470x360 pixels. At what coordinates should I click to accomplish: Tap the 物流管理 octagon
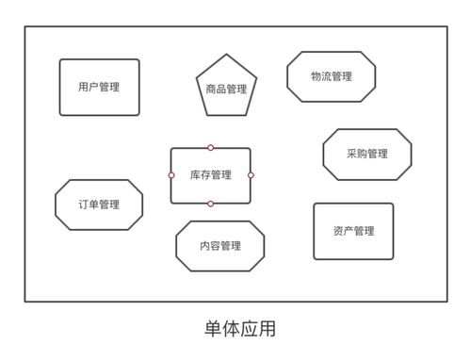click(331, 76)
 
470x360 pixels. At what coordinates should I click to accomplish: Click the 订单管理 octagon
click(99, 205)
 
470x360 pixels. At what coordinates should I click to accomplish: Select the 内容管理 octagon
click(219, 246)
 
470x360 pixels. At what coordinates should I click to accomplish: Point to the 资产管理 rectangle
click(353, 231)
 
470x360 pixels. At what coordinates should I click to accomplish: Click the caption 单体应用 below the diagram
click(236, 330)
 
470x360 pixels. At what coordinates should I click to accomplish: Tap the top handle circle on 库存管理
click(210, 148)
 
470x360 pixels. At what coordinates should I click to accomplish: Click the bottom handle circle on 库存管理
click(210, 204)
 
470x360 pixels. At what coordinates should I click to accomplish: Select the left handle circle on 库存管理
click(171, 175)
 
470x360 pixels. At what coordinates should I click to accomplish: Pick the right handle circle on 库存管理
click(251, 175)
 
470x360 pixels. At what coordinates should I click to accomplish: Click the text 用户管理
click(99, 88)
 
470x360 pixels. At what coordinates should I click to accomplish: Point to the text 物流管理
click(331, 76)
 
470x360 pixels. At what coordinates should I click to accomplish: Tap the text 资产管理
click(353, 231)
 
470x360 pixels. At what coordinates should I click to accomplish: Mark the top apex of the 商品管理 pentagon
click(226, 54)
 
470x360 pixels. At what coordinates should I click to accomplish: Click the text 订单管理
click(99, 205)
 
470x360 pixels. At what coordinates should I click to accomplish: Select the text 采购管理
click(366, 155)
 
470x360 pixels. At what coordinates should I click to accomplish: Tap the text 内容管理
click(219, 246)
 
